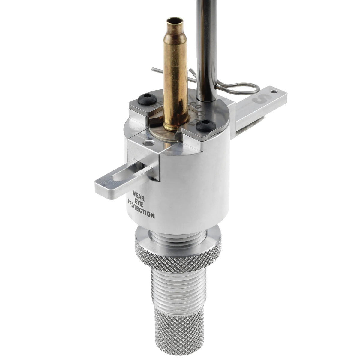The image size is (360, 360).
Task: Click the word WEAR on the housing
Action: tap(139, 195)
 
